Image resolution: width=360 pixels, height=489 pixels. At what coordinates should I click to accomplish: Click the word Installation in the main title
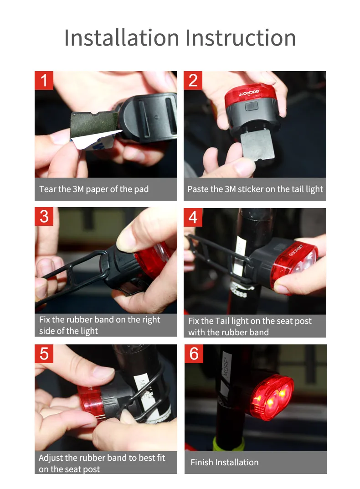click(122, 38)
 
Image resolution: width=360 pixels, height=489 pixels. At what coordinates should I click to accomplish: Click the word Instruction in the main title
click(241, 38)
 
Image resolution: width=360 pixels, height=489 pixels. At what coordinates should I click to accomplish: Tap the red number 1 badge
click(44, 80)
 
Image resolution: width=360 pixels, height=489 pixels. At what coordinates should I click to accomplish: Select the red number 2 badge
click(193, 80)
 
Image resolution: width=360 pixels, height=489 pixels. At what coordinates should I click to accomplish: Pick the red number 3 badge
click(44, 216)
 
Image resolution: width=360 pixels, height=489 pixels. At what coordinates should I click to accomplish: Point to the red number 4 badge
click(193, 217)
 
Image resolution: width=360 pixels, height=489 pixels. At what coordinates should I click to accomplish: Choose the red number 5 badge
click(44, 354)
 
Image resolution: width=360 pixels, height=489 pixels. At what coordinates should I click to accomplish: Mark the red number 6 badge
click(194, 354)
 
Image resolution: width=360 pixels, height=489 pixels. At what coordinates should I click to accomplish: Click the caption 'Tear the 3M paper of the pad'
click(94, 189)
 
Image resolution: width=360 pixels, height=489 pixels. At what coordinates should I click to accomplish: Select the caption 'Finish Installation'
click(225, 462)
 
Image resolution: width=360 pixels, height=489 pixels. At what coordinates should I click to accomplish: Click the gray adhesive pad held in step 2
click(257, 145)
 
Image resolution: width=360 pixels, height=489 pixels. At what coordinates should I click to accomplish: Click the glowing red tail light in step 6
click(271, 397)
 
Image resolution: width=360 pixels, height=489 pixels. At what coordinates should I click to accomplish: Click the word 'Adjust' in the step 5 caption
click(51, 458)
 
